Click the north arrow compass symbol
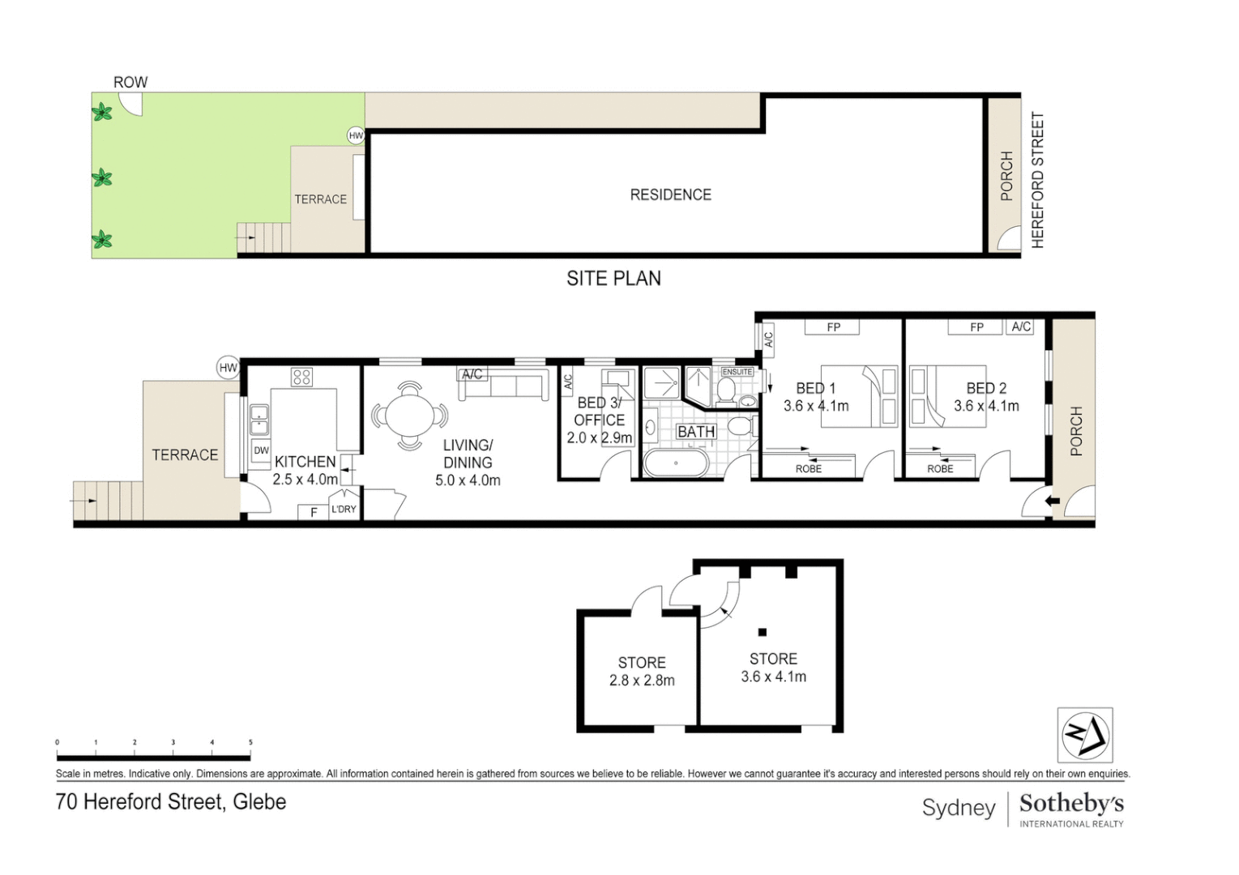[1084, 735]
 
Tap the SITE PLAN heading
[613, 279]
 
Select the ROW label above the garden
[130, 82]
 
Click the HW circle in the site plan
[356, 135]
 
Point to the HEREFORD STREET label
[1037, 180]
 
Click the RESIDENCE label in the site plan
[670, 194]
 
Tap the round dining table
[409, 416]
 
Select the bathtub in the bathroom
[675, 463]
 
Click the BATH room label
[696, 432]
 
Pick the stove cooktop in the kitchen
[302, 377]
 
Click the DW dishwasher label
[261, 450]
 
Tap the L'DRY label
[344, 509]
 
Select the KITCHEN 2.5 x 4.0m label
[305, 470]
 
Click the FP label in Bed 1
[833, 327]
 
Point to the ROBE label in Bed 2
[940, 468]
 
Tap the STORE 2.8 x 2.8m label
[642, 672]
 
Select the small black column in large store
[762, 632]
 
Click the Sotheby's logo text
[1071, 804]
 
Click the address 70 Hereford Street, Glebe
[171, 802]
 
